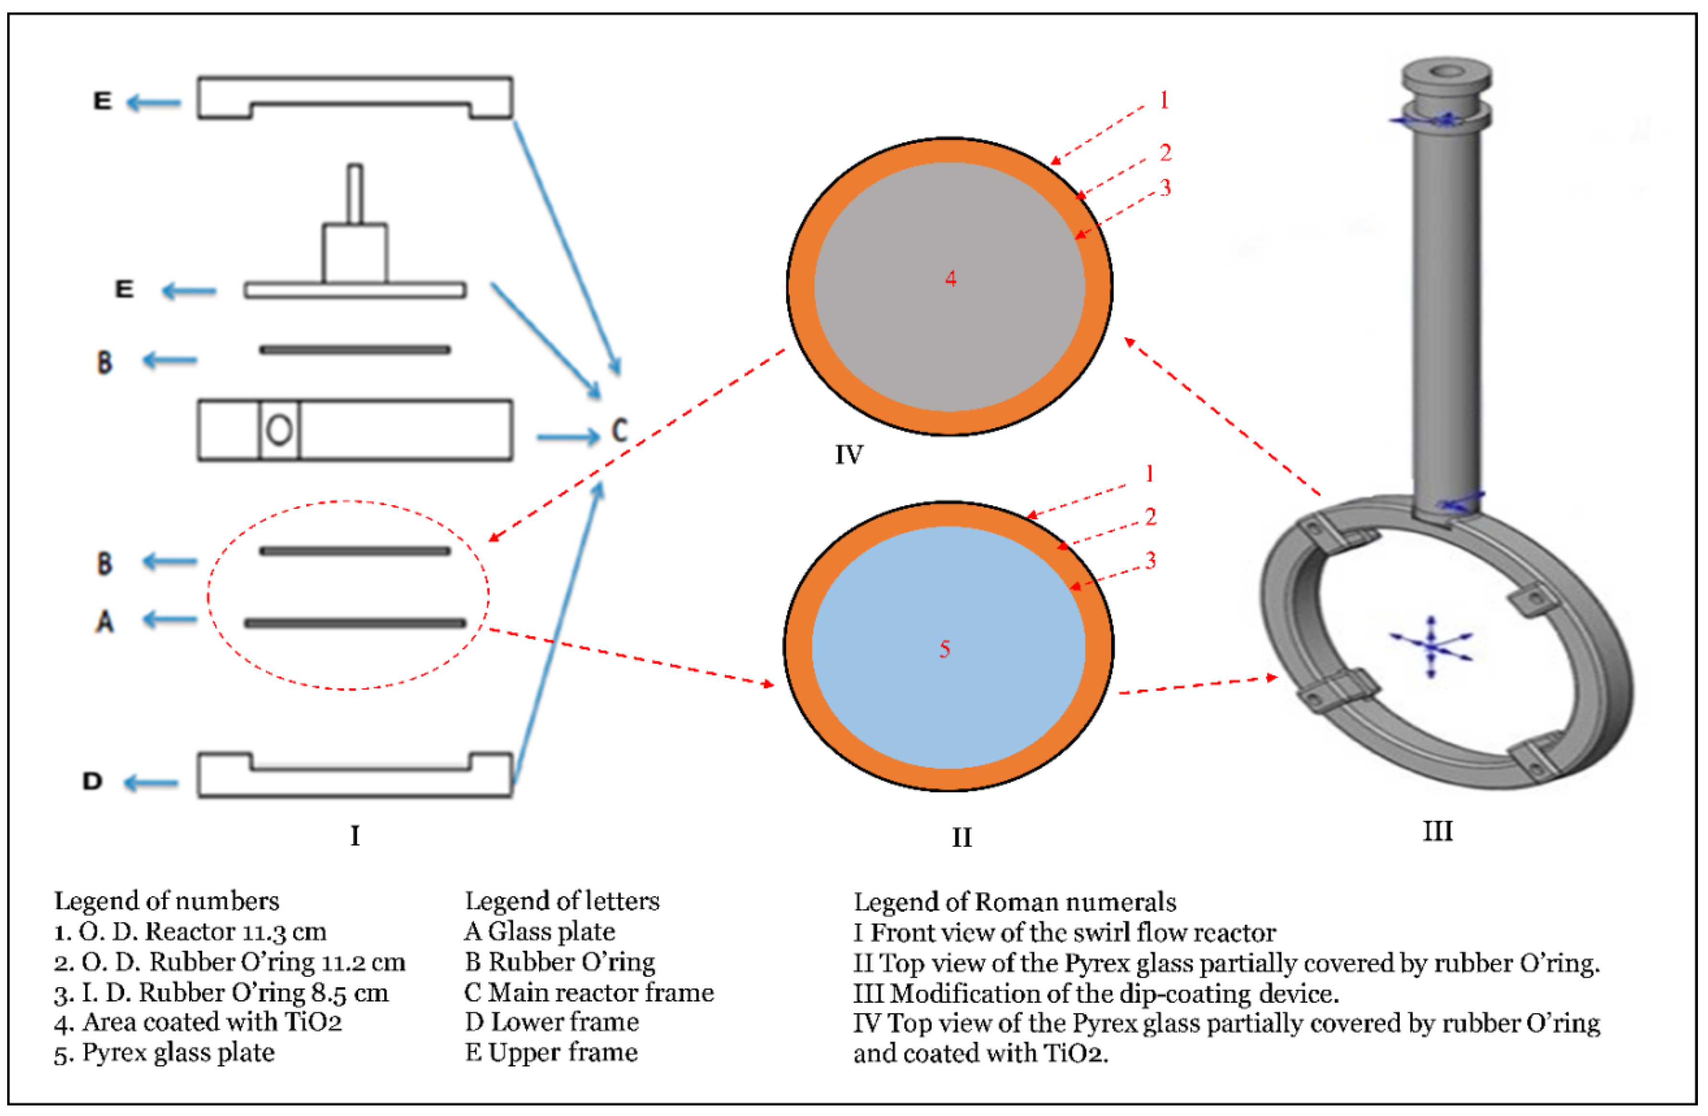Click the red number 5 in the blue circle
point(944,649)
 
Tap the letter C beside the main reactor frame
point(619,431)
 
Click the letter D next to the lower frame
point(92,781)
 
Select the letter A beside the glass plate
point(105,621)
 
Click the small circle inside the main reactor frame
point(279,430)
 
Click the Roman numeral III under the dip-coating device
point(1437,831)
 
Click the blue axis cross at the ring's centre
point(1431,646)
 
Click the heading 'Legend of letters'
point(562,901)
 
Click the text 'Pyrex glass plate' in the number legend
point(178,1052)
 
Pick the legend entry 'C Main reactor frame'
point(588,992)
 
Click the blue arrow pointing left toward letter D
point(151,782)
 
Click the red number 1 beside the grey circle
point(1164,101)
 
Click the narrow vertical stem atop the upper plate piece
point(355,194)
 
